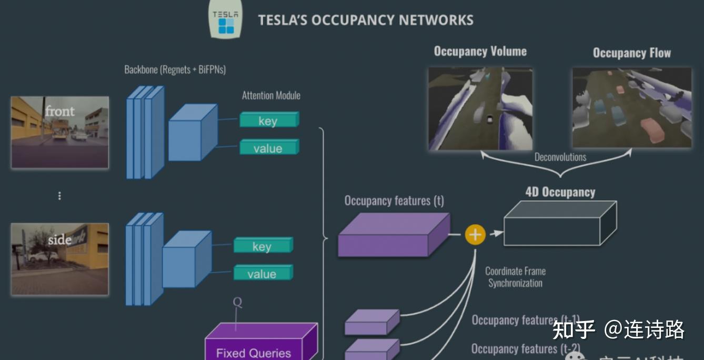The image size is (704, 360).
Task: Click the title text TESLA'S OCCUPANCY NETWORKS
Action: (365, 21)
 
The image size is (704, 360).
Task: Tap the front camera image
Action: (60, 132)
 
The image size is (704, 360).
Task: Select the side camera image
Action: (60, 258)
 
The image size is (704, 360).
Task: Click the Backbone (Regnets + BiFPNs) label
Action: (175, 69)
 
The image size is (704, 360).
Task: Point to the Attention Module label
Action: (271, 95)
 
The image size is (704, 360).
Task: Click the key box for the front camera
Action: (268, 121)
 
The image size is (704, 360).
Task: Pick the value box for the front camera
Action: (268, 148)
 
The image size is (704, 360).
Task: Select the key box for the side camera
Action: (262, 246)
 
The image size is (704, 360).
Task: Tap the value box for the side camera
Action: (262, 273)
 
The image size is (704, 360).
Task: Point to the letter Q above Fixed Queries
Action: (237, 303)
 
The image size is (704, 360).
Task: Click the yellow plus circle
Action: (475, 234)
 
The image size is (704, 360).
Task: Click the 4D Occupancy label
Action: (560, 192)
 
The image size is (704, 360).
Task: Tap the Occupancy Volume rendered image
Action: (480, 108)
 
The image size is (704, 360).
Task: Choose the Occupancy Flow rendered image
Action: (631, 107)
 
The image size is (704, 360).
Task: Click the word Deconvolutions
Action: (560, 157)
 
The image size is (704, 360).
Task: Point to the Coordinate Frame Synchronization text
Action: (515, 277)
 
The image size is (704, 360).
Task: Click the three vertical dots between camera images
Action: (59, 196)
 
